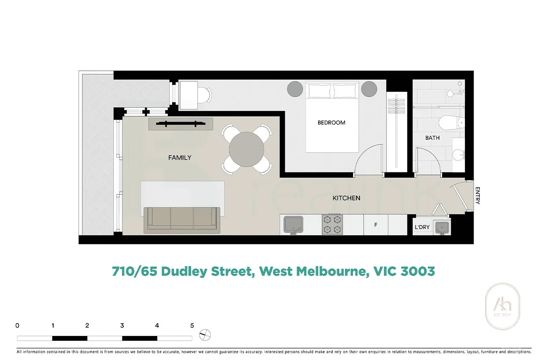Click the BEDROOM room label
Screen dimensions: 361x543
click(x=331, y=123)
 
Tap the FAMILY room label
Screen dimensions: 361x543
click(x=180, y=157)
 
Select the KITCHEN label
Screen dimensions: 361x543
click(x=346, y=198)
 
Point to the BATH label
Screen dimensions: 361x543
click(x=432, y=138)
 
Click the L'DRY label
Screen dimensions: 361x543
click(x=422, y=227)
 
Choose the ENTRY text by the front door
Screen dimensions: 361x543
click(x=477, y=196)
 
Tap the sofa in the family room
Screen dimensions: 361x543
click(x=182, y=219)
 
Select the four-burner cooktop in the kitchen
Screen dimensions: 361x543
click(x=332, y=224)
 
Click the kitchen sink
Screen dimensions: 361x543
click(x=291, y=224)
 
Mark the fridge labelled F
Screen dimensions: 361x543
click(x=375, y=225)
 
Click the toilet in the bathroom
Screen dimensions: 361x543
click(x=449, y=122)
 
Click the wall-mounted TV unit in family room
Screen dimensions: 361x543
click(x=181, y=124)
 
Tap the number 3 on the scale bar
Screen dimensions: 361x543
click(x=122, y=326)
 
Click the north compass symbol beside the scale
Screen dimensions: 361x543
click(x=204, y=335)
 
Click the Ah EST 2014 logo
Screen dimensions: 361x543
click(x=503, y=306)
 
